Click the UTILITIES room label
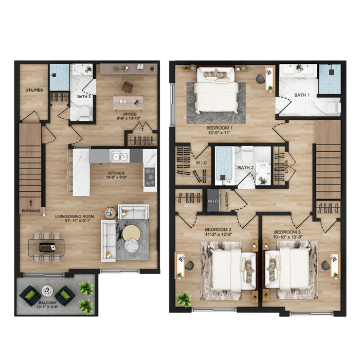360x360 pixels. point(34,90)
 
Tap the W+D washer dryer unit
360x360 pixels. point(213,201)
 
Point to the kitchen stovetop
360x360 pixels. point(150,177)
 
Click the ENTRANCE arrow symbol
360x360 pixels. point(31,203)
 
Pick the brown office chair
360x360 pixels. point(127,87)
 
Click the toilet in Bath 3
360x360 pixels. point(84,113)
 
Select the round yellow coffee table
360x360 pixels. point(131,233)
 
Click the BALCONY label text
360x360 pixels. point(47,303)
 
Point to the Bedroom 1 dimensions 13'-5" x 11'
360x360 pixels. point(218,133)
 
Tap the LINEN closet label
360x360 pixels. point(286,167)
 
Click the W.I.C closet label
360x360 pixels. point(202,163)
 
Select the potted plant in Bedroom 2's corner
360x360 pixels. point(184,299)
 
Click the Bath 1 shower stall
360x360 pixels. point(330,79)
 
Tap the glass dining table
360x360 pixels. point(46,247)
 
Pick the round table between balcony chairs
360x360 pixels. point(47,291)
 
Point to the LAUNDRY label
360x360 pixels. point(227,201)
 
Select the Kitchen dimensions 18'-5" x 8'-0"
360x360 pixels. point(116,177)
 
